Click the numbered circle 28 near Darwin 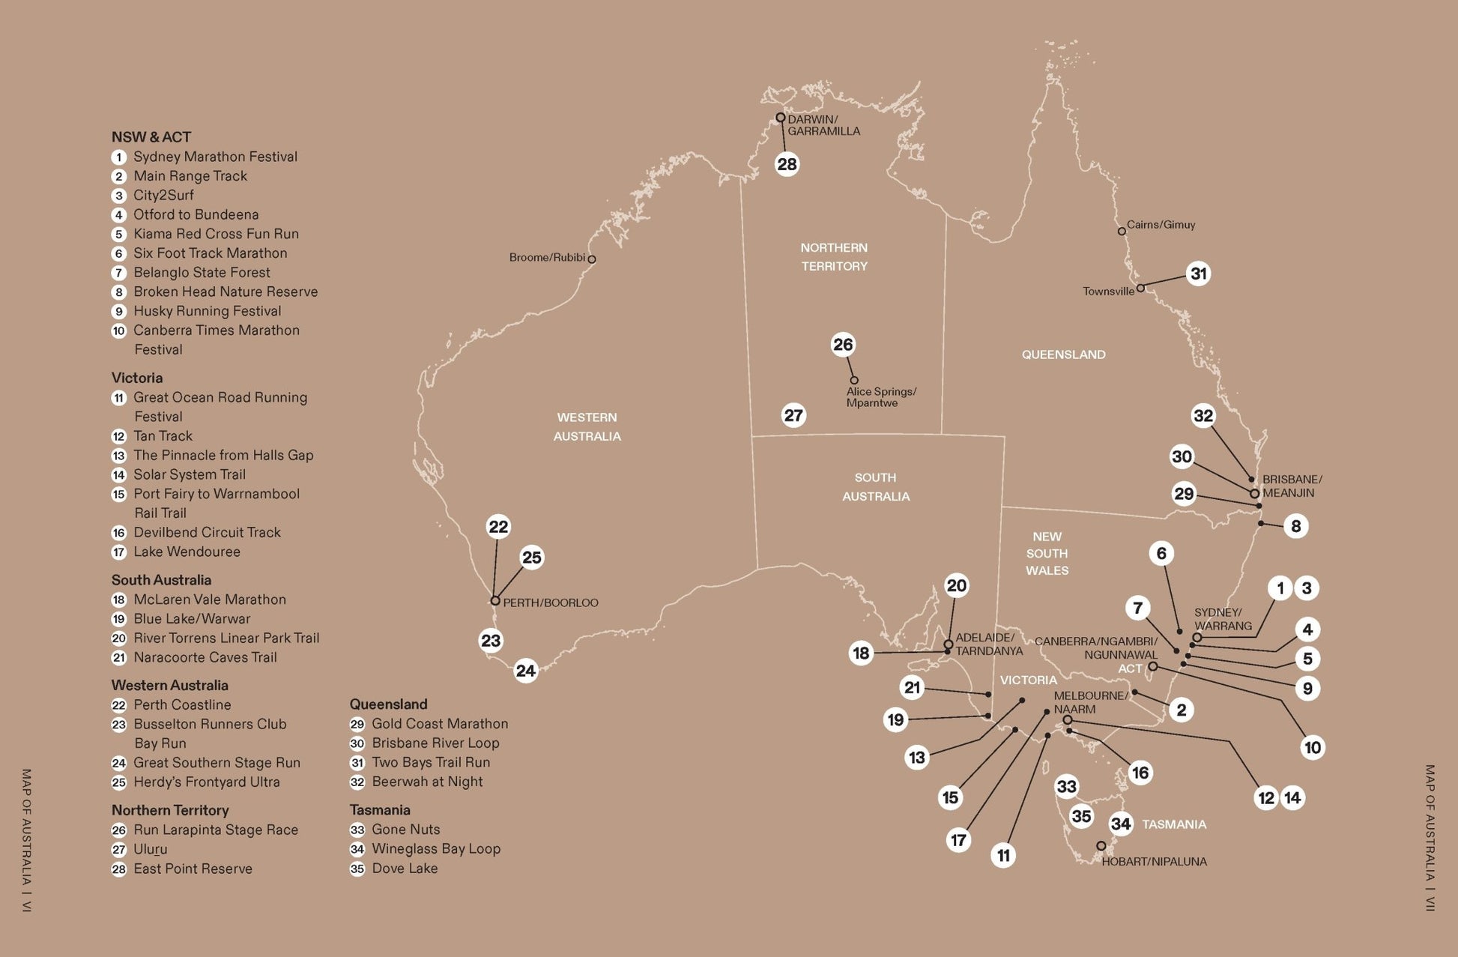pyautogui.click(x=787, y=164)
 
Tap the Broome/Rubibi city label pyautogui.click(x=547, y=258)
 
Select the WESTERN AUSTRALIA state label pyautogui.click(x=587, y=426)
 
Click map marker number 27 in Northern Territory pyautogui.click(x=793, y=415)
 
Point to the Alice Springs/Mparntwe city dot pyautogui.click(x=853, y=380)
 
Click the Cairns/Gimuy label pyautogui.click(x=1161, y=225)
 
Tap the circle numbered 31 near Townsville pyautogui.click(x=1199, y=274)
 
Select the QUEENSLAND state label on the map pyautogui.click(x=1063, y=354)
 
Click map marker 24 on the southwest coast pyautogui.click(x=526, y=671)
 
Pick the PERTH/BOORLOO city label pyautogui.click(x=550, y=603)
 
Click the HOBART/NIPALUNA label pyautogui.click(x=1154, y=862)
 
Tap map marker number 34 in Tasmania pyautogui.click(x=1121, y=824)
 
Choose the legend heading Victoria pyautogui.click(x=137, y=378)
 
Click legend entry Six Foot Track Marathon pyautogui.click(x=210, y=253)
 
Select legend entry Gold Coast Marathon pyautogui.click(x=440, y=724)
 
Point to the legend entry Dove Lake pyautogui.click(x=405, y=869)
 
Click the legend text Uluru pyautogui.click(x=150, y=849)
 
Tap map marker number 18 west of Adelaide pyautogui.click(x=861, y=653)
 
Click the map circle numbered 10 pyautogui.click(x=1312, y=747)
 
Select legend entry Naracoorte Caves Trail pyautogui.click(x=205, y=657)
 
